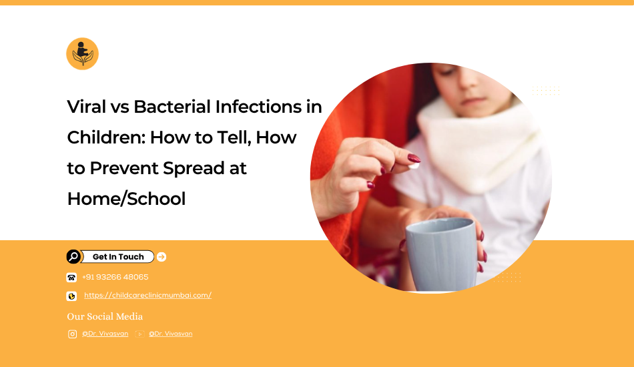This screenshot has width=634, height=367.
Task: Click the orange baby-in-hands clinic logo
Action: pyautogui.click(x=83, y=54)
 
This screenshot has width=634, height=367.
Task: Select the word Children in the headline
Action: pyautogui.click(x=106, y=137)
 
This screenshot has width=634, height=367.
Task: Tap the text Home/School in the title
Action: pyautogui.click(x=126, y=199)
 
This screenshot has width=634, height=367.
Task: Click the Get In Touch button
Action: pyautogui.click(x=117, y=257)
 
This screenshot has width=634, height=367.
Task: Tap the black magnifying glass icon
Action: pyautogui.click(x=73, y=257)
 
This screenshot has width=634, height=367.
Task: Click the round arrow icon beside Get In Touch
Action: pyautogui.click(x=162, y=257)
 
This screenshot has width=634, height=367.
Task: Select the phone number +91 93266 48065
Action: pyautogui.click(x=115, y=277)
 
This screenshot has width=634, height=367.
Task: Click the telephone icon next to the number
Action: pyautogui.click(x=71, y=278)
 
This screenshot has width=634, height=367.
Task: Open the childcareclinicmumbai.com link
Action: pyautogui.click(x=147, y=295)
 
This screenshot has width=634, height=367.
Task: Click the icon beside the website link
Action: pyautogui.click(x=71, y=296)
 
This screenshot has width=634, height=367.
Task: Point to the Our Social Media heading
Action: pyautogui.click(x=105, y=316)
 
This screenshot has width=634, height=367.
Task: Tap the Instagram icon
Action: pyautogui.click(x=72, y=334)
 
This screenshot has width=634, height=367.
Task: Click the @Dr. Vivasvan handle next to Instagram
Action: pyautogui.click(x=105, y=334)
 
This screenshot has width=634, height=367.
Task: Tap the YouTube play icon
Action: pyautogui.click(x=139, y=334)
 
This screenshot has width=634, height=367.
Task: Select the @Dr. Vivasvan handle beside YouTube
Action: pyautogui.click(x=171, y=334)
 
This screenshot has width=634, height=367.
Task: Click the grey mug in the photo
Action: pyautogui.click(x=441, y=254)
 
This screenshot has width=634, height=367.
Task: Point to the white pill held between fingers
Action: pyautogui.click(x=414, y=165)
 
